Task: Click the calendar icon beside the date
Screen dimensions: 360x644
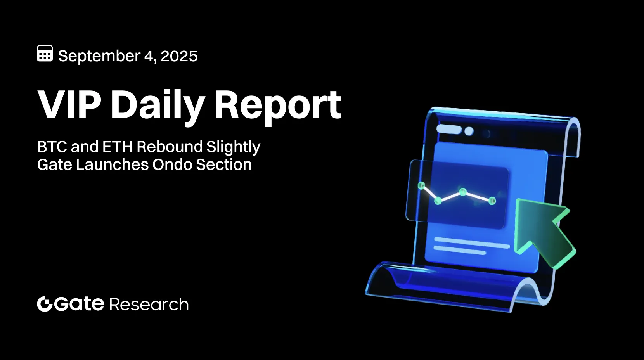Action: click(x=45, y=54)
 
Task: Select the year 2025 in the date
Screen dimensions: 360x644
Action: click(x=179, y=56)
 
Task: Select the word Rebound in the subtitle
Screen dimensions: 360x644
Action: click(x=170, y=147)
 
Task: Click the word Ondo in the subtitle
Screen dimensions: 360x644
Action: click(x=172, y=164)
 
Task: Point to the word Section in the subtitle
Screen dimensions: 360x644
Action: click(x=224, y=164)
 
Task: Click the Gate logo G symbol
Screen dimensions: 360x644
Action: click(x=45, y=304)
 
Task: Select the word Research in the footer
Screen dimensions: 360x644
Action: click(x=149, y=305)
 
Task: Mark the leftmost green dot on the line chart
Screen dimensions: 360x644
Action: click(x=421, y=185)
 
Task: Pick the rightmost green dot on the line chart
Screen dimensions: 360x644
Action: click(x=492, y=201)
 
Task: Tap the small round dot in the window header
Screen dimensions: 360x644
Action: click(x=469, y=131)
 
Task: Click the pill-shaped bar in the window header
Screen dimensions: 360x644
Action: click(x=449, y=129)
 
